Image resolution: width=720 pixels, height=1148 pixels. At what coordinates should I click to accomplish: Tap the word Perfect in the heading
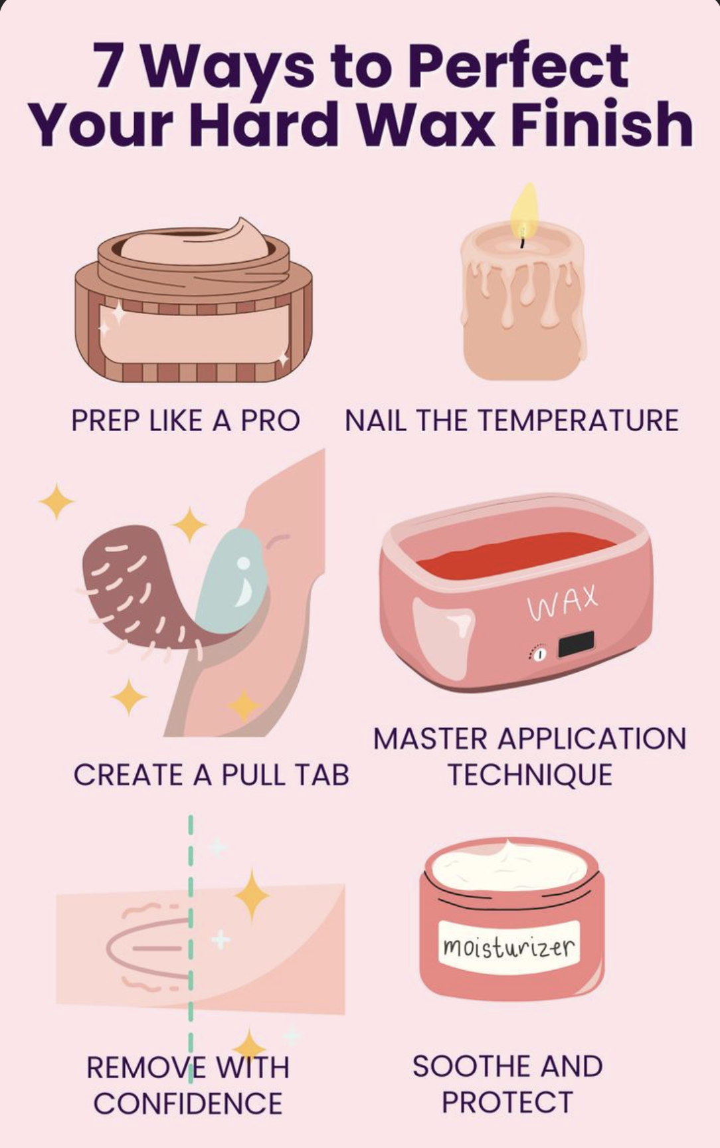(x=517, y=66)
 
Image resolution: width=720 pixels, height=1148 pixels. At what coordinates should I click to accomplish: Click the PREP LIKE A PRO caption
(x=185, y=421)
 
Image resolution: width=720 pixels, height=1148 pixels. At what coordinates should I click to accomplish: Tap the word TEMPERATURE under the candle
(x=577, y=421)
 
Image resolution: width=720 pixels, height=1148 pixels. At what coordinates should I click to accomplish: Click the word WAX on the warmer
(x=563, y=602)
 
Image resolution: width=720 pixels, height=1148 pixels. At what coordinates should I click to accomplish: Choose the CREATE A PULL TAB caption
(x=211, y=775)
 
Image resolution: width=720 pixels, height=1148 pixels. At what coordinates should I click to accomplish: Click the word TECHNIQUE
(x=529, y=775)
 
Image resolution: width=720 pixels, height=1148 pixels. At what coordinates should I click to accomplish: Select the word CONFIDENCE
(x=188, y=1103)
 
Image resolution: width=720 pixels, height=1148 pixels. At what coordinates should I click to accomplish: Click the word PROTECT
(x=507, y=1102)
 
